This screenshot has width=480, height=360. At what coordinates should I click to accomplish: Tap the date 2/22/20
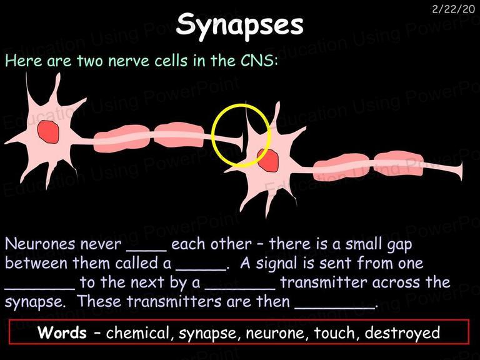point(453,9)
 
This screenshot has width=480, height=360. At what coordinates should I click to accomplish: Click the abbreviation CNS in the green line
point(258,60)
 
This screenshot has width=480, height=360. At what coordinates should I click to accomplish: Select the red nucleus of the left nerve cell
point(48,132)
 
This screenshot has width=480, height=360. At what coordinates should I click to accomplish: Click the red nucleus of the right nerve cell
point(268,161)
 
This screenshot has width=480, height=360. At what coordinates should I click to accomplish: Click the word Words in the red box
point(62,332)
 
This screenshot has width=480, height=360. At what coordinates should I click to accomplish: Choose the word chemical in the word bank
point(138,332)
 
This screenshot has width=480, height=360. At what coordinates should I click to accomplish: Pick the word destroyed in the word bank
point(402,333)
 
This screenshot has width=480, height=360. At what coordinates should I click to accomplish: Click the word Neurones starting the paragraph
point(40,244)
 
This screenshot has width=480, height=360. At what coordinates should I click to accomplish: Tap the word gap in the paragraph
point(399,245)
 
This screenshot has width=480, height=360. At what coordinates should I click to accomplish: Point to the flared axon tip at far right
point(459,171)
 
